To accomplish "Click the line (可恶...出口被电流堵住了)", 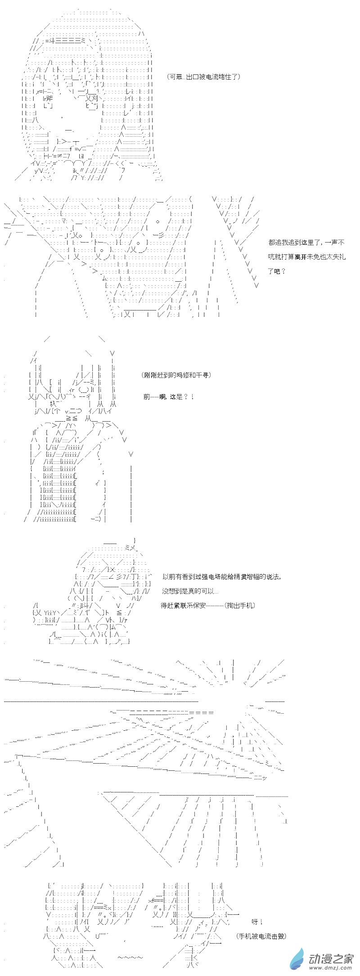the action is click(202, 77).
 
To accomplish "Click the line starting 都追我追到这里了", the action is click(306, 243).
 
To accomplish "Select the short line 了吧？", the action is click(277, 271).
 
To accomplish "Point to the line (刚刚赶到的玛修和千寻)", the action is click(176, 375).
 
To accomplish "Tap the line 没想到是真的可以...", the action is click(190, 591).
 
